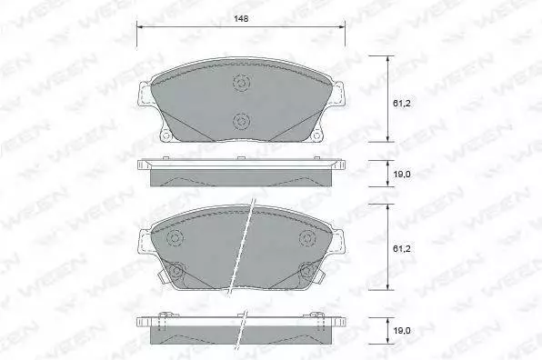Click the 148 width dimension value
(241, 19)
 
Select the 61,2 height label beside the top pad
(402, 103)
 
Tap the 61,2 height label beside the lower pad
(402, 248)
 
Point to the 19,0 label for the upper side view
(402, 175)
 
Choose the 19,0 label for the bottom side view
(402, 331)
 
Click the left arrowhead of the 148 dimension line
(140, 26)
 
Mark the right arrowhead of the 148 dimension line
(342, 26)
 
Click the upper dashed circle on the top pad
(241, 83)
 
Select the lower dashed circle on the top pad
(241, 121)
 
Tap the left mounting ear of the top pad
(145, 94)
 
